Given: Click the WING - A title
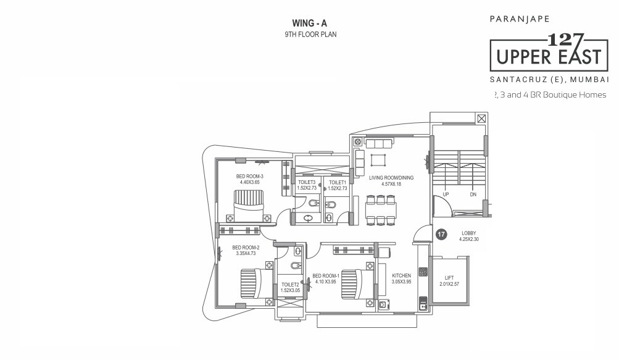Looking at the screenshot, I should tap(310, 23).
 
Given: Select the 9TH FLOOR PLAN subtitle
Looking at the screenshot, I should tap(310, 35).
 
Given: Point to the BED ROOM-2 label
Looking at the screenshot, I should tap(247, 247).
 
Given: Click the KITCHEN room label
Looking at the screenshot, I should tap(401, 275).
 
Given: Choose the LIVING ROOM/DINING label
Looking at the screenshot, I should tap(391, 178).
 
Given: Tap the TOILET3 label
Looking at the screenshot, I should tap(307, 182).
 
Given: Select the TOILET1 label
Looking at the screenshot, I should tap(337, 182).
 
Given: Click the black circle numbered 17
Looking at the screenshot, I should tap(441, 234).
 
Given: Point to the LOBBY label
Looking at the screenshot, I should tap(469, 233).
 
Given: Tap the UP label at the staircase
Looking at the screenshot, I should tap(444, 195).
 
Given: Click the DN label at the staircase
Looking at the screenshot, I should tap(473, 195).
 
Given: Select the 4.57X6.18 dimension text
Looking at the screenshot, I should tap(391, 184).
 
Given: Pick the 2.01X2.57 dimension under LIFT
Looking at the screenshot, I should tap(449, 285).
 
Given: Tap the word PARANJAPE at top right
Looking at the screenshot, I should tap(520, 19).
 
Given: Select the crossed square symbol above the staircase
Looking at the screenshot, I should tap(481, 118).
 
